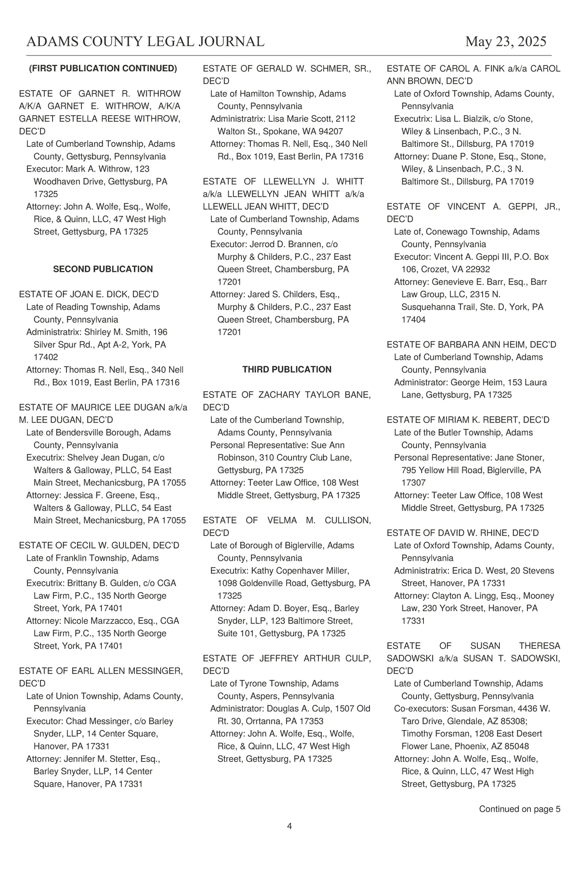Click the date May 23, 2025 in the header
pos(505,42)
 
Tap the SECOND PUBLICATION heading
pos(103,269)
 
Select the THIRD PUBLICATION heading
pos(287,370)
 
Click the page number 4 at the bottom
pos(289,827)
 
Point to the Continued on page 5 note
pos(519,809)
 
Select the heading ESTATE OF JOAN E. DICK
pos(89,294)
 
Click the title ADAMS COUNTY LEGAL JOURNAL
pos(145,42)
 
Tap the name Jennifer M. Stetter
pos(104,759)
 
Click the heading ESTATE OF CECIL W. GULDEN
pos(99,546)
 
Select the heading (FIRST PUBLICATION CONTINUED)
pos(103,68)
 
